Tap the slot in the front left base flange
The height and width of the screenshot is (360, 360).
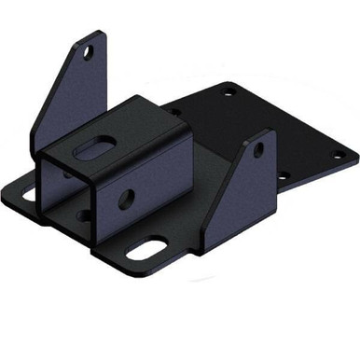[x=25, y=195]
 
